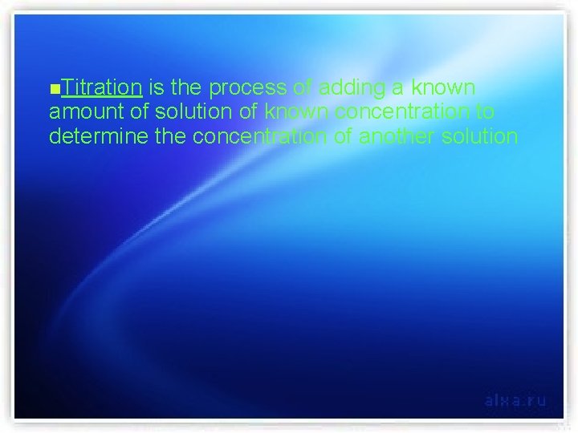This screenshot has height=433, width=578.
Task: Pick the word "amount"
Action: (x=83, y=111)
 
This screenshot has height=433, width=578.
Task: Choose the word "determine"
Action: (x=93, y=137)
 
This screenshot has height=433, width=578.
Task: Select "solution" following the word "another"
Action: (x=480, y=137)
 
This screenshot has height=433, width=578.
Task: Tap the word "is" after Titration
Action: (x=158, y=86)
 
